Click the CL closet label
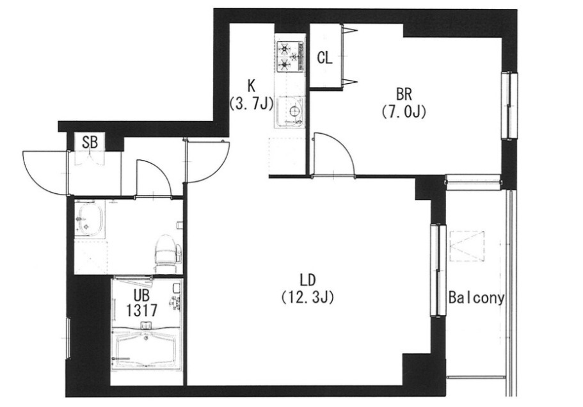(x=324, y=58)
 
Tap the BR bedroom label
(x=404, y=95)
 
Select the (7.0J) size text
(x=403, y=111)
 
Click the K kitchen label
(x=252, y=86)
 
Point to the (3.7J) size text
(x=252, y=103)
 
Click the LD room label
(x=308, y=280)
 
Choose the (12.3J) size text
(x=307, y=297)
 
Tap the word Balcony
(x=476, y=298)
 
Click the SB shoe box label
(x=90, y=142)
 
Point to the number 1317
(x=141, y=310)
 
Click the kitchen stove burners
(x=291, y=56)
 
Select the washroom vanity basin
(x=89, y=219)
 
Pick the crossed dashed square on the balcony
(x=467, y=246)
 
